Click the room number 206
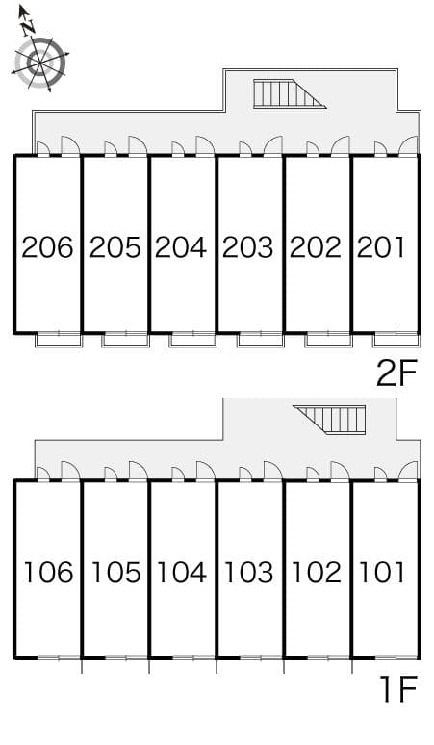pyautogui.click(x=48, y=247)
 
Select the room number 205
pyautogui.click(x=115, y=247)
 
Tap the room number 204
pyautogui.click(x=182, y=247)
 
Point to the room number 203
pyautogui.click(x=248, y=247)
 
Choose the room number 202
pyautogui.click(x=316, y=247)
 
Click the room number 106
pyautogui.click(x=48, y=573)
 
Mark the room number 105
pyautogui.click(x=115, y=573)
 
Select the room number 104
pyautogui.click(x=182, y=573)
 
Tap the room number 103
pyautogui.click(x=248, y=573)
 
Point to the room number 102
pyautogui.click(x=316, y=573)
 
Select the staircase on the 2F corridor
pyautogui.click(x=287, y=93)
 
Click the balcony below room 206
pyautogui.click(x=59, y=339)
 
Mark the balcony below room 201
pyautogui.click(x=396, y=339)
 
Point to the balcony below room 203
pyautogui.click(x=261, y=339)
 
